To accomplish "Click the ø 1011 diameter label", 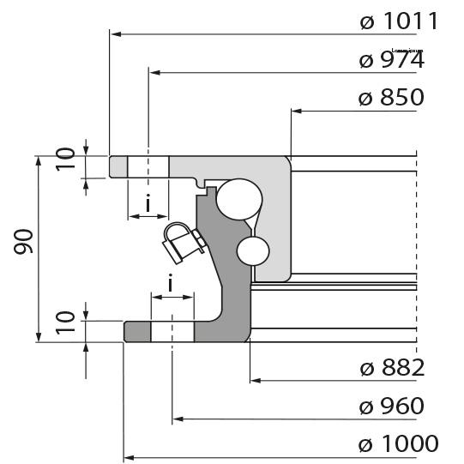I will point(399,21).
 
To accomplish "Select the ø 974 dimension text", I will point(391,61).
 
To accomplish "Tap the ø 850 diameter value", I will point(391,98).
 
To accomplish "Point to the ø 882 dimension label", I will point(392,368).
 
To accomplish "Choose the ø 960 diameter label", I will point(392,406).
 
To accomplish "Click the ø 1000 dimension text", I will point(399,443).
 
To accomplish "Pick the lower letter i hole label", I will point(172,284).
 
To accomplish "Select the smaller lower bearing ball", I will point(254,250).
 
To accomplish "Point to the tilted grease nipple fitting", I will point(182,243).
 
